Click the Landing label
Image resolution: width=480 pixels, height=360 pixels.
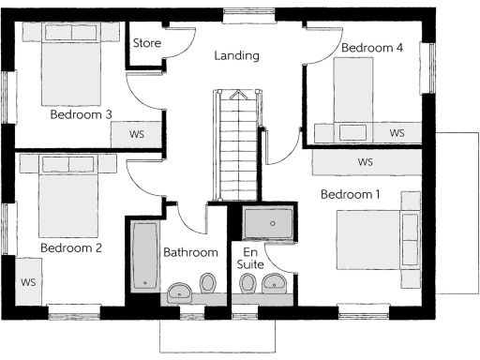point(236,56)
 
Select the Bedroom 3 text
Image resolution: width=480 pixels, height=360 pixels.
point(81,115)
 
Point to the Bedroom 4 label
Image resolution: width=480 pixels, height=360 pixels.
point(372,47)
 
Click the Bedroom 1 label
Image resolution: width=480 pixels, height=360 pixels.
point(351,195)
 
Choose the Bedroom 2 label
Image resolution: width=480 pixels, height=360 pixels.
point(70,248)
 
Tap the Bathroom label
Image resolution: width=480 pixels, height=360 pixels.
point(190,252)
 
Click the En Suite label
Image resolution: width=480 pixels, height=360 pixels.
point(251,259)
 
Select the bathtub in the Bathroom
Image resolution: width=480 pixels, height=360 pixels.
point(144,255)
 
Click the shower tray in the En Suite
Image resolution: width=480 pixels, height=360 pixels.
point(268,224)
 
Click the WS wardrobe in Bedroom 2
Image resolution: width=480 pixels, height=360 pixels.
point(28,281)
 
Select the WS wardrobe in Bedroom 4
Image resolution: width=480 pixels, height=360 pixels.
point(397,133)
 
